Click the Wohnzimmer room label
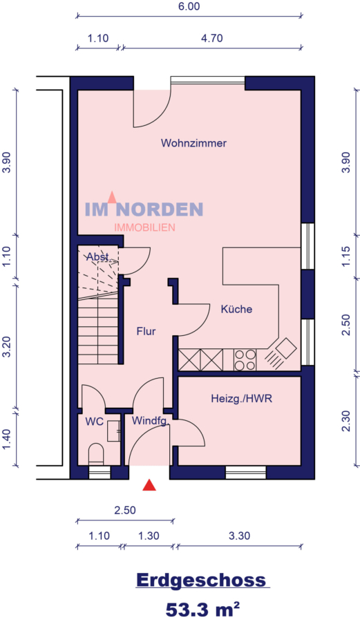click(x=193, y=143)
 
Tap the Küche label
click(x=236, y=309)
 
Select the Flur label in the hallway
click(x=146, y=331)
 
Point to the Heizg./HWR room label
click(x=241, y=398)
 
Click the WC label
click(x=95, y=421)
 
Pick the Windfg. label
click(x=151, y=421)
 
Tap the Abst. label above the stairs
click(x=98, y=257)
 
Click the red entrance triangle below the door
click(x=149, y=484)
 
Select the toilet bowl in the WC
click(x=95, y=454)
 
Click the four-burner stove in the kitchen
click(x=245, y=360)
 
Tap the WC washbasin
click(x=114, y=431)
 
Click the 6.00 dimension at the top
click(x=189, y=7)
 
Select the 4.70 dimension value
click(x=212, y=39)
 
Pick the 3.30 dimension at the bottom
click(x=240, y=536)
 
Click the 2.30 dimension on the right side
click(x=346, y=421)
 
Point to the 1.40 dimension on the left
click(x=7, y=440)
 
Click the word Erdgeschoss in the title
click(x=201, y=580)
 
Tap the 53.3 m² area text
click(x=202, y=608)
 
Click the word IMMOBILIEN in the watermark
click(x=144, y=227)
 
